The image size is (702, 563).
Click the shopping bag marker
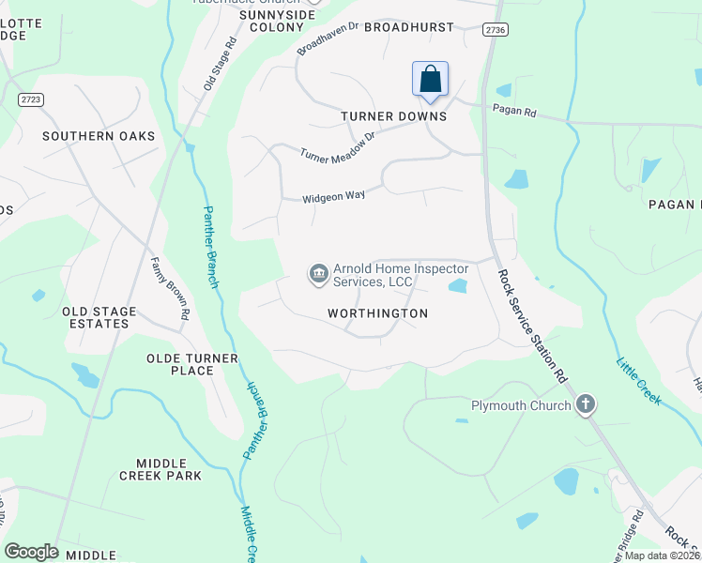tap(430, 79)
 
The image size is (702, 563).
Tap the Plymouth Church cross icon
tap(586, 405)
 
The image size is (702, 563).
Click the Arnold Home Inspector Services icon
tap(318, 274)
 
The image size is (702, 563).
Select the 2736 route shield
tap(496, 31)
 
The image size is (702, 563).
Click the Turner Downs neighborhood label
tap(393, 116)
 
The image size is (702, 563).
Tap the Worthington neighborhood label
tap(377, 313)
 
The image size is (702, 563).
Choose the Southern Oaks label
tap(99, 136)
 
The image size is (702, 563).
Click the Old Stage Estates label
tap(99, 317)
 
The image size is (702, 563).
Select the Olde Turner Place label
tap(180, 364)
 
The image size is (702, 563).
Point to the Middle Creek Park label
tap(160, 469)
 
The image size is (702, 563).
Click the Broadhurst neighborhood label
tap(408, 28)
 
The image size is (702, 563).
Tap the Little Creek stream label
tap(638, 380)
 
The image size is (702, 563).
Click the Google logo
tap(31, 552)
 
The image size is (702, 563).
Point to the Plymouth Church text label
tap(520, 405)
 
